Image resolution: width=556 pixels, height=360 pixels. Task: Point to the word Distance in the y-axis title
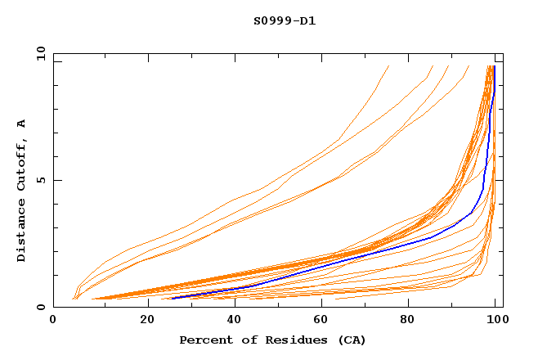(x=21, y=231)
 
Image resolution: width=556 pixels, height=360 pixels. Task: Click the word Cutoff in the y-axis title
(x=21, y=164)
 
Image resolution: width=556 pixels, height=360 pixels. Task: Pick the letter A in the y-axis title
(x=21, y=124)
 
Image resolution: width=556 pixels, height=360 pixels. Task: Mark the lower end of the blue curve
(x=173, y=298)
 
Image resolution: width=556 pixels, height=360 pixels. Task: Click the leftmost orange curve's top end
(x=388, y=66)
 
